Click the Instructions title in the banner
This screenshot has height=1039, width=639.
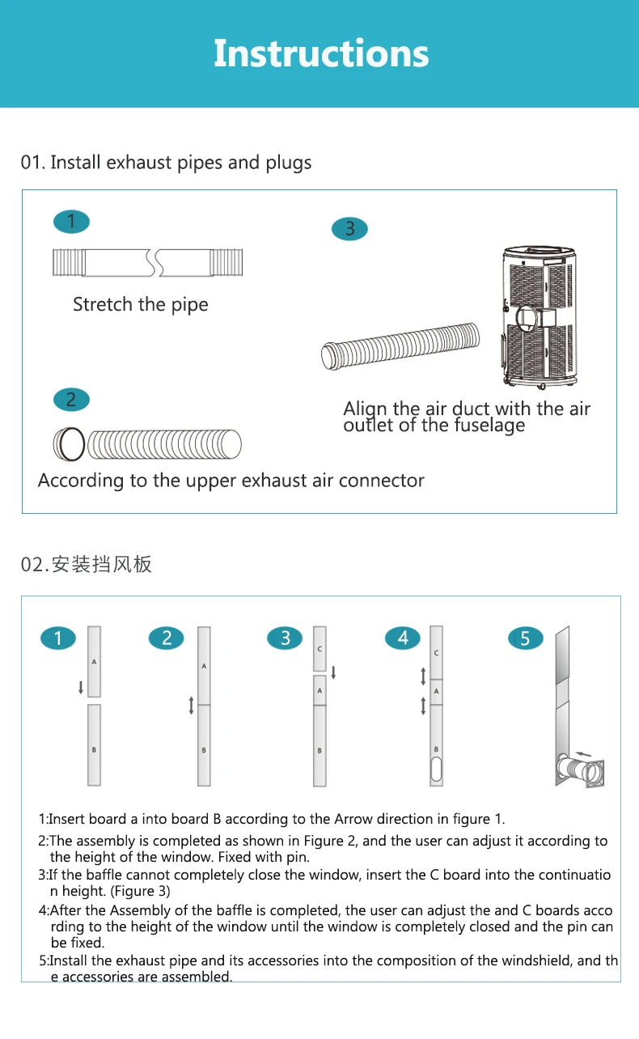[x=321, y=53]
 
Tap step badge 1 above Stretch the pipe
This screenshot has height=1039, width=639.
[x=71, y=222]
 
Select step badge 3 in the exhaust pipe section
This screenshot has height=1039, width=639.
[x=349, y=229]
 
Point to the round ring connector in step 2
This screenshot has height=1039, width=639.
[x=69, y=443]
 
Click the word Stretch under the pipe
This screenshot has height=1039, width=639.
[x=103, y=304]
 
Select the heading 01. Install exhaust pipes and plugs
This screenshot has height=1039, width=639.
[x=166, y=163]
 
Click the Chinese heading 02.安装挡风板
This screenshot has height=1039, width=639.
[x=87, y=564]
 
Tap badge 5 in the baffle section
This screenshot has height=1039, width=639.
[x=525, y=638]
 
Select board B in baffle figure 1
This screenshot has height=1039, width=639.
[x=95, y=744]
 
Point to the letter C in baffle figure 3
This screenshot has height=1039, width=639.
[x=319, y=649]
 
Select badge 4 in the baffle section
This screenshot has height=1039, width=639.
[x=403, y=638]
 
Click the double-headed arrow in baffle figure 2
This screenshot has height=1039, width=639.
[x=191, y=705]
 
